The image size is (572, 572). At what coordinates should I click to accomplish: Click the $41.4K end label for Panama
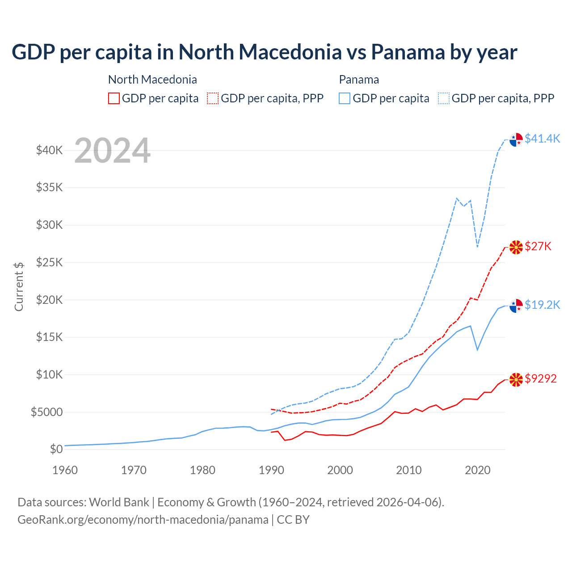(542, 139)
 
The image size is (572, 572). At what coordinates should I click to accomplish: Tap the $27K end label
(538, 246)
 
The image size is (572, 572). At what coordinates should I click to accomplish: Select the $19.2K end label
(542, 305)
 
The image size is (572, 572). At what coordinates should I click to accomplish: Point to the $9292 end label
(541, 379)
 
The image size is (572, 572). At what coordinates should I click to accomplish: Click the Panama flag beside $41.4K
(516, 139)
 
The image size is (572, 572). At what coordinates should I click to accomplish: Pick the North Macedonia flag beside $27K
(516, 247)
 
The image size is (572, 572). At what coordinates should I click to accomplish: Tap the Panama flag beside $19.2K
(516, 306)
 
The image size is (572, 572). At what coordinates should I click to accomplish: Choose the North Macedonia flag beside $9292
(516, 380)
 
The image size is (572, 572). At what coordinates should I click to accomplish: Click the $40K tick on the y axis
(50, 151)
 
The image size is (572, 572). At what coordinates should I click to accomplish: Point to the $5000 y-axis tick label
(47, 412)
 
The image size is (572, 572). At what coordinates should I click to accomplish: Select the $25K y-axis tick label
(50, 263)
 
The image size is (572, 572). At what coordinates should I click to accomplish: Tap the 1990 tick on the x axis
(271, 470)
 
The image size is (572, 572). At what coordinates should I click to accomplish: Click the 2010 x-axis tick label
(409, 470)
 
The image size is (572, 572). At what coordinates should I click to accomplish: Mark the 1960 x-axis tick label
(65, 470)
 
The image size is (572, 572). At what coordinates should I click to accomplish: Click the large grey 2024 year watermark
(112, 151)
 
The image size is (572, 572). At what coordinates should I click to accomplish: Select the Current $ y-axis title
(19, 286)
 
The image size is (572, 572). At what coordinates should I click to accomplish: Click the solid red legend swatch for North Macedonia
(114, 98)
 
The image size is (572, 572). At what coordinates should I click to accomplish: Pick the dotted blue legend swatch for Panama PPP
(444, 98)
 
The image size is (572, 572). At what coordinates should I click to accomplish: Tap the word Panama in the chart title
(408, 52)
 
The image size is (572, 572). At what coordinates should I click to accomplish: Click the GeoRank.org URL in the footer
(143, 520)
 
